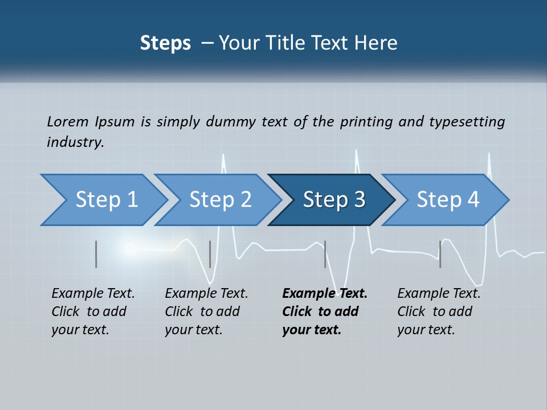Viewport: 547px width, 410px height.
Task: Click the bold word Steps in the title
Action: pyautogui.click(x=165, y=43)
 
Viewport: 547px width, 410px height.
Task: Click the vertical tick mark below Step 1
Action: pyautogui.click(x=96, y=254)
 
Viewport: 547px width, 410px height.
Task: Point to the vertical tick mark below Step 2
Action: pyautogui.click(x=210, y=254)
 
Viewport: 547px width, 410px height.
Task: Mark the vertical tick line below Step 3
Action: pyautogui.click(x=325, y=254)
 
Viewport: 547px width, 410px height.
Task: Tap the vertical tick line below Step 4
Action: pyautogui.click(x=440, y=254)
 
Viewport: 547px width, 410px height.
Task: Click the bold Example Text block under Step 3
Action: pyautogui.click(x=325, y=311)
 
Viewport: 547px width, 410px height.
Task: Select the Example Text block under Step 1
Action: pyautogui.click(x=93, y=311)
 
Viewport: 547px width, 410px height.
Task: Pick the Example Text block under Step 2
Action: pyautogui.click(x=206, y=311)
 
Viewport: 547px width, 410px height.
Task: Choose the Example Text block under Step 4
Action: pyautogui.click(x=439, y=311)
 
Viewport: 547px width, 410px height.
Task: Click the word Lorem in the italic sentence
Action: pyautogui.click(x=67, y=122)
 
